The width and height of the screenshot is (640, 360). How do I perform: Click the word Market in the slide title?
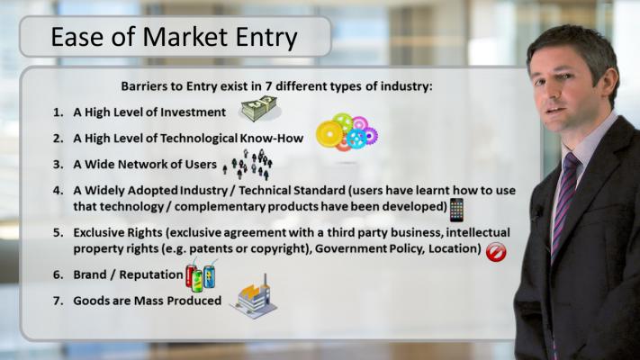(x=185, y=36)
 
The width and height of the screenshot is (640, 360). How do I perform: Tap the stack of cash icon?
(x=259, y=109)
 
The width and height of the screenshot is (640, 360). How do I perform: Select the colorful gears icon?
(x=347, y=131)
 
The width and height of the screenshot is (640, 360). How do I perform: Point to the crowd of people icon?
(x=248, y=164)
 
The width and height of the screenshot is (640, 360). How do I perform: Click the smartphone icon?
(x=456, y=210)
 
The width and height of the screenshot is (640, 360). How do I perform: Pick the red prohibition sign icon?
(x=496, y=252)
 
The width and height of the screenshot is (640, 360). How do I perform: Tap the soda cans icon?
(x=201, y=275)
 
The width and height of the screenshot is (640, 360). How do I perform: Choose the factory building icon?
(x=254, y=297)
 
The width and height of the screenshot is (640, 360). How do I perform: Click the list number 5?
(x=59, y=233)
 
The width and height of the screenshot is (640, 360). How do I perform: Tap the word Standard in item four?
(x=320, y=191)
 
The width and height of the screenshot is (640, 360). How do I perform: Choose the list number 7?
(x=59, y=301)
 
